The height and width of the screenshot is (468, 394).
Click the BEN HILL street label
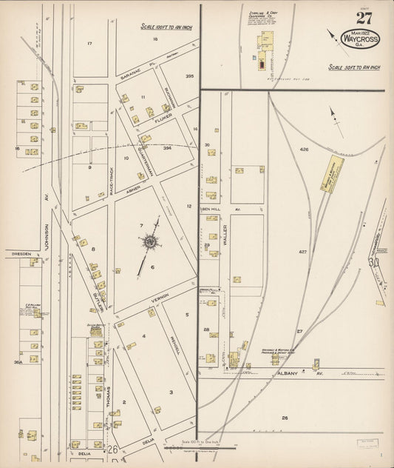tap(213, 210)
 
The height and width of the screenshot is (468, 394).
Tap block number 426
tap(303, 149)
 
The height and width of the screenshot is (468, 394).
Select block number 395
tap(189, 76)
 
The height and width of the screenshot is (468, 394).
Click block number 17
tap(89, 44)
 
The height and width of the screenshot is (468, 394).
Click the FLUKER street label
tap(163, 116)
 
